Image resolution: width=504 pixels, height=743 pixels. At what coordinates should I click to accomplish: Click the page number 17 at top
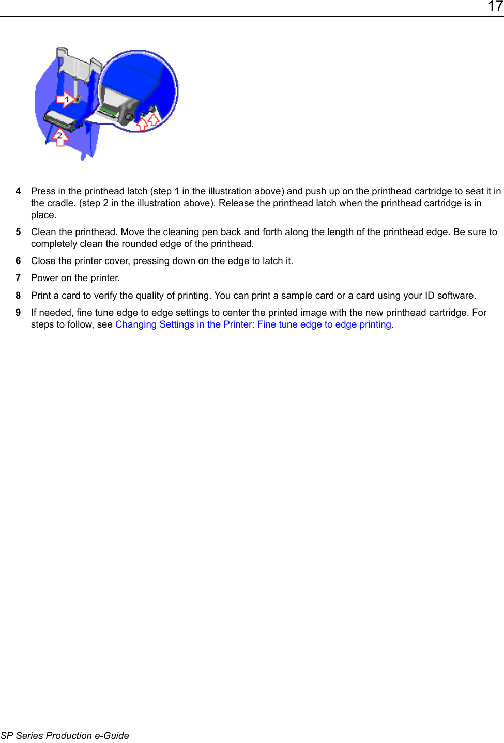495,6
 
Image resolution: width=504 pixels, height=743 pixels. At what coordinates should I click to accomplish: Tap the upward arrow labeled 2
60,137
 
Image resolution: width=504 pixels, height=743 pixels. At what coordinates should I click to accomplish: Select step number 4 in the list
18,191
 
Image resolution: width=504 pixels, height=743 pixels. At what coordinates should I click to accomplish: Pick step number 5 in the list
18,232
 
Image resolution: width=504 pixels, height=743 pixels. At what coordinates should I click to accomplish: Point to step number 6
18,261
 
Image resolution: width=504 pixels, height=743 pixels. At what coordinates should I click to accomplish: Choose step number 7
18,278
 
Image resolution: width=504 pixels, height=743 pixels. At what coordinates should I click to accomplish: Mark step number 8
18,296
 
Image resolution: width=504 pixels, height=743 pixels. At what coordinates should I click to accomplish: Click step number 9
18,313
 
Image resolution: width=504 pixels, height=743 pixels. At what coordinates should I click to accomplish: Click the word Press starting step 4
43,191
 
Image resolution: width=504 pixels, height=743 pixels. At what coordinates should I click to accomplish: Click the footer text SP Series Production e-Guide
65,735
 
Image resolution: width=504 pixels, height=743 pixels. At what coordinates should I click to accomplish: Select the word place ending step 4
43,215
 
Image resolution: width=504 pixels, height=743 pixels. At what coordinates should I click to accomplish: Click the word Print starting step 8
41,296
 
